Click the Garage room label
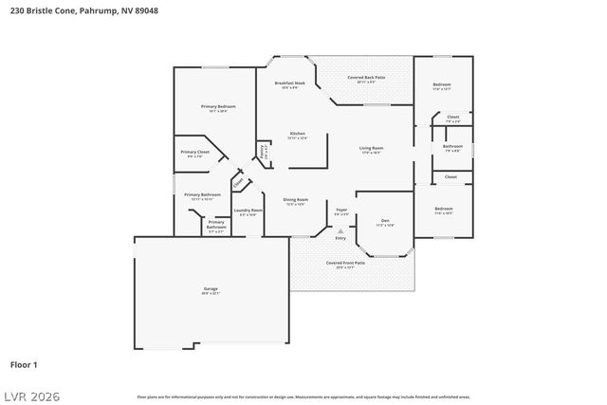(x=211, y=289)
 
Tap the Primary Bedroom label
(x=217, y=106)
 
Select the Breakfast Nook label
(x=290, y=83)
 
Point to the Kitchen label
(x=297, y=134)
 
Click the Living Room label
(x=371, y=148)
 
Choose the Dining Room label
(x=296, y=199)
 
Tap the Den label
(x=384, y=221)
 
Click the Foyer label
(x=341, y=212)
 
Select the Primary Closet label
(x=195, y=152)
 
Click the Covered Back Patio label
(x=366, y=77)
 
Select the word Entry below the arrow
(x=340, y=237)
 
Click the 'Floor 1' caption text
(x=24, y=363)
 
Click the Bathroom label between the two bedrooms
(x=452, y=146)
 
